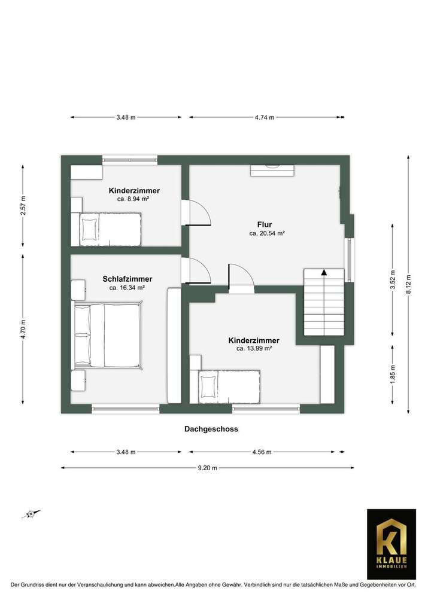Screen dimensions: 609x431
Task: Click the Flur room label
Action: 265,225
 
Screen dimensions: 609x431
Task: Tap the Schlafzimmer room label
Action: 127,279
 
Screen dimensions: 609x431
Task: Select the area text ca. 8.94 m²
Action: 133,199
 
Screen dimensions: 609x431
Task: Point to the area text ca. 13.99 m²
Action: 254,349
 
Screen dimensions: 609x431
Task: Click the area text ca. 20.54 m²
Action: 267,234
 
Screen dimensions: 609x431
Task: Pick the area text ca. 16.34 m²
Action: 127,288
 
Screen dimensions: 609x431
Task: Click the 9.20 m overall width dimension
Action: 207,468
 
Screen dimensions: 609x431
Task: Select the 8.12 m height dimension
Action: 409,284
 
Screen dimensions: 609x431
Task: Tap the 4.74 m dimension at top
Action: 264,117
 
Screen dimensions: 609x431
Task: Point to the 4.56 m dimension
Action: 261,452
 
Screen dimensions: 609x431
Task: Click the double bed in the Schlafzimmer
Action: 107,335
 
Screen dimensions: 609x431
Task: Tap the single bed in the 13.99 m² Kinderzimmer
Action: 230,386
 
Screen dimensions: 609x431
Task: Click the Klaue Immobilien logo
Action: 391,544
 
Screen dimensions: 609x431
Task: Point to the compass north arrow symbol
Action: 31,513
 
